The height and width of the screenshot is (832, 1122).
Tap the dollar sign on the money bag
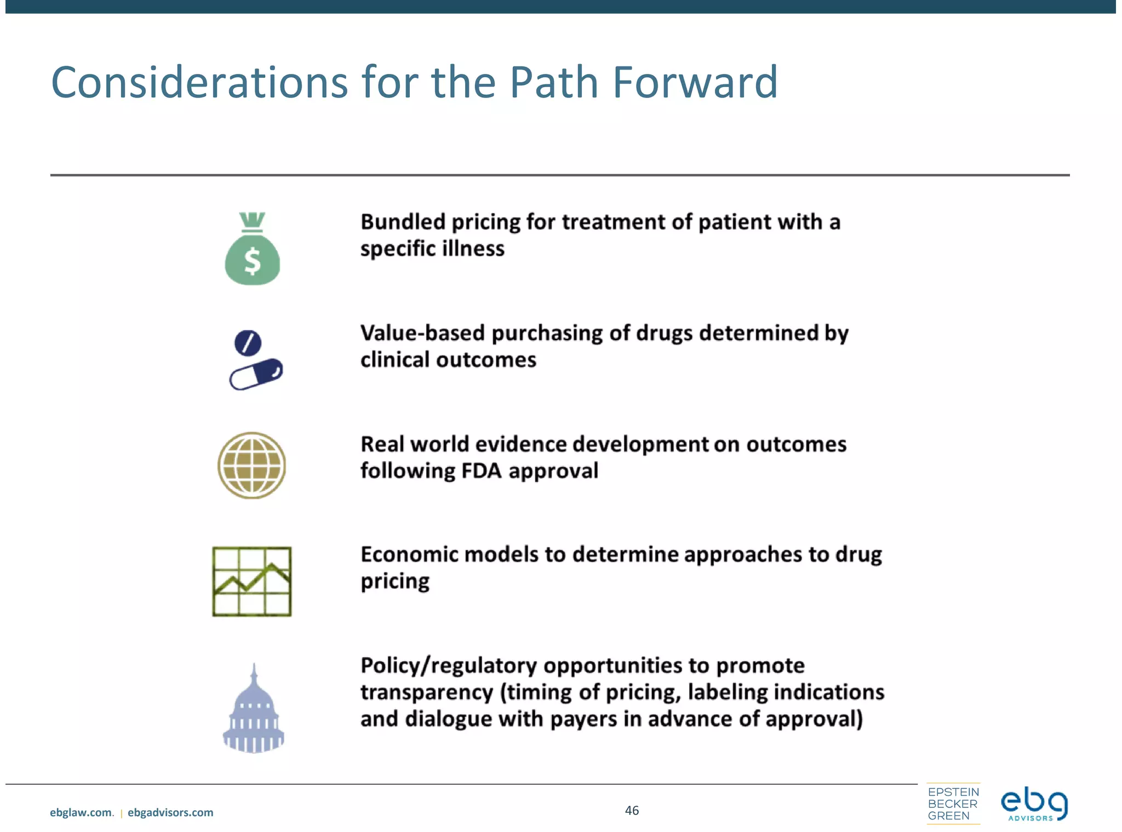pos(253,261)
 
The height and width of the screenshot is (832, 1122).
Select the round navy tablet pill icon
pos(248,343)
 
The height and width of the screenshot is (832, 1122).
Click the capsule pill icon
pos(256,374)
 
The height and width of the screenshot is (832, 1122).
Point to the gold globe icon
pos(251,466)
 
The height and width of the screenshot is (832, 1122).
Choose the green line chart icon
pos(252,582)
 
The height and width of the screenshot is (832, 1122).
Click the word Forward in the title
pos(695,83)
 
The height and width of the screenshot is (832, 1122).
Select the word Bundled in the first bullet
pos(403,222)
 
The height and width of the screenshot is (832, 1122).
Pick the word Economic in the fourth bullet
pos(409,554)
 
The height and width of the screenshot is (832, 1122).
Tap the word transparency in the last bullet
pos(427,692)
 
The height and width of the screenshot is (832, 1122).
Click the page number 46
pos(632,811)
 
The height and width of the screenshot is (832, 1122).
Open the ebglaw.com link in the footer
pos(81,813)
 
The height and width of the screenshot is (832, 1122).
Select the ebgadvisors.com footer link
pos(170,813)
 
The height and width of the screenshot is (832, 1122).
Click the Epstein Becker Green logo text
pos(953,804)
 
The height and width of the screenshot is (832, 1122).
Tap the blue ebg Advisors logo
pos(1034,805)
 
